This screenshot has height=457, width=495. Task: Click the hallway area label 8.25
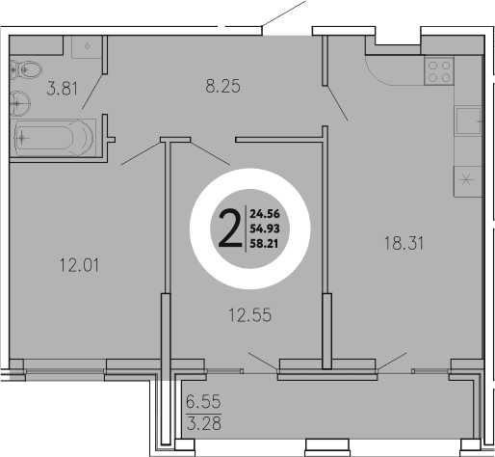221,86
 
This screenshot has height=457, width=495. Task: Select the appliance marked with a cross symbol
468,179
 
